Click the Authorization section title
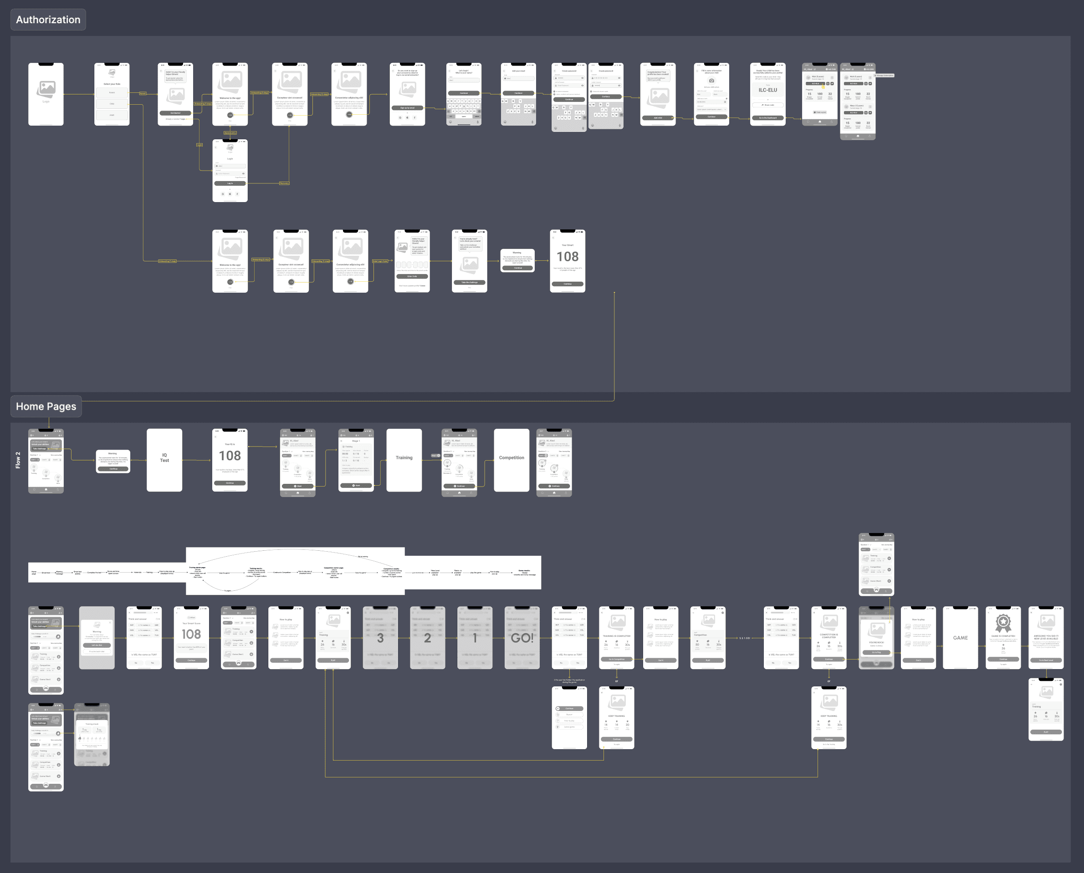pyautogui.click(x=48, y=20)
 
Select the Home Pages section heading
pyautogui.click(x=46, y=406)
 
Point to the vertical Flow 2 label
pyautogui.click(x=18, y=460)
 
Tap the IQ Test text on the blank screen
pyautogui.click(x=164, y=457)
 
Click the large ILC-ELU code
pyautogui.click(x=767, y=91)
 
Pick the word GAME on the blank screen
pyautogui.click(x=960, y=638)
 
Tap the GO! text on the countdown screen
pyautogui.click(x=522, y=638)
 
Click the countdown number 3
pyautogui.click(x=380, y=638)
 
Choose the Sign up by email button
pyautogui.click(x=407, y=107)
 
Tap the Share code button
pyautogui.click(x=767, y=105)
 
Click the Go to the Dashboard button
pyautogui.click(x=767, y=118)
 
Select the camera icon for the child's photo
pyautogui.click(x=711, y=81)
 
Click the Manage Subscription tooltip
pyautogui.click(x=884, y=76)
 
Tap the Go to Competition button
pyautogui.click(x=617, y=659)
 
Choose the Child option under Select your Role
pyautogui.click(x=112, y=104)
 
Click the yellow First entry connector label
pyautogui.click(x=284, y=183)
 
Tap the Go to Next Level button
pyautogui.click(x=1046, y=660)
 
